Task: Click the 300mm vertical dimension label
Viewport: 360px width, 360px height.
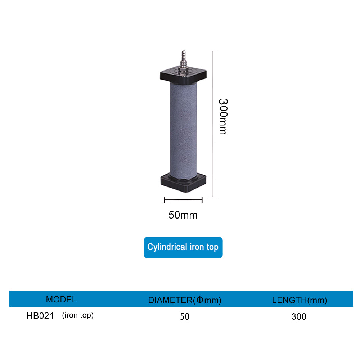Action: (223, 116)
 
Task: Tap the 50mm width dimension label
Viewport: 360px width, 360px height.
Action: (183, 215)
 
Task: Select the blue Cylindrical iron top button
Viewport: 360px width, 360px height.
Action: (183, 247)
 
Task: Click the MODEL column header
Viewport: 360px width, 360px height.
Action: (61, 300)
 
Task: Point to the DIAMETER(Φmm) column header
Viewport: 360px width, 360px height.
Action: (185, 300)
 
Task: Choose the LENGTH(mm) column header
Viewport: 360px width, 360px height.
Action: (300, 300)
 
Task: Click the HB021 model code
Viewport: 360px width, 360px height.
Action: (40, 316)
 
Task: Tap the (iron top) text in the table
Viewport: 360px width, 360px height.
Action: (78, 315)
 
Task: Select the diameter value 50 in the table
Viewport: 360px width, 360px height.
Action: (185, 316)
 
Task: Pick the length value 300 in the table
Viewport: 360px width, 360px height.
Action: (299, 316)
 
